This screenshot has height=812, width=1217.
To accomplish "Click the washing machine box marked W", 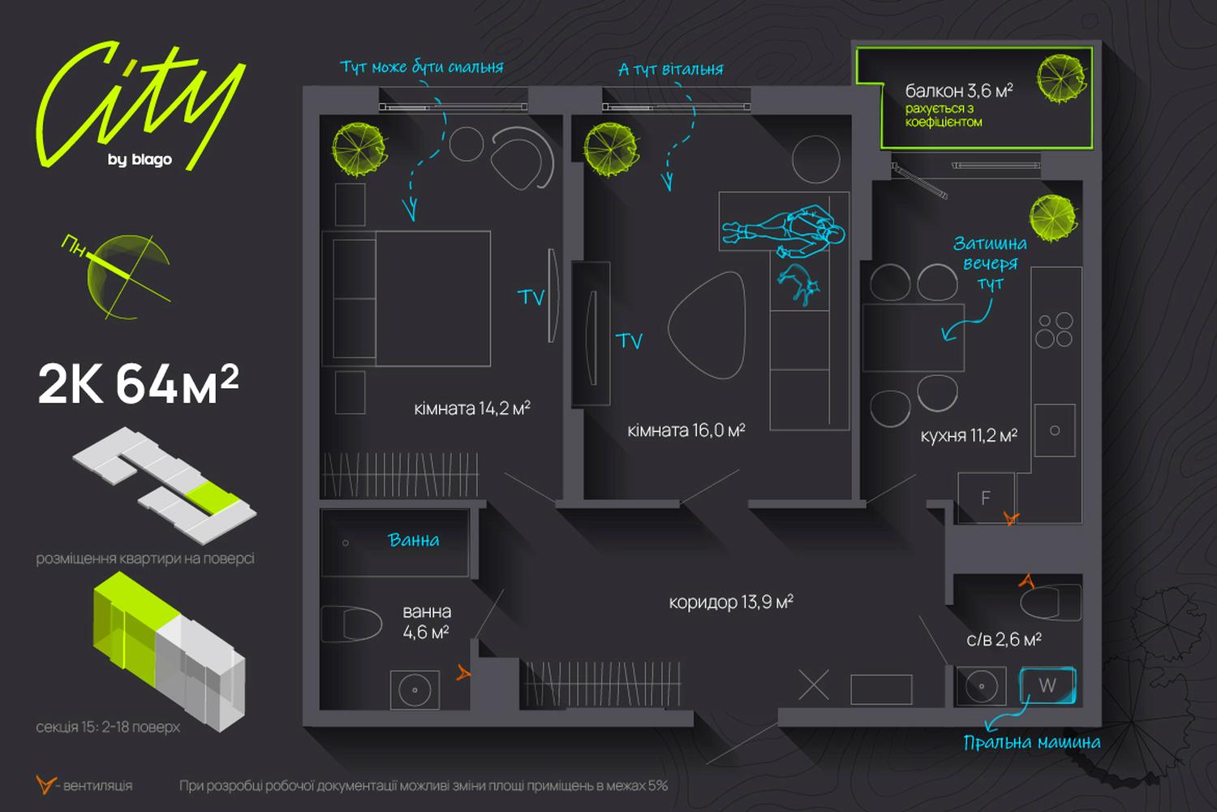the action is coord(1047,685).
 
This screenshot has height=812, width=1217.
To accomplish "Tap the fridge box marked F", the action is coord(986,498).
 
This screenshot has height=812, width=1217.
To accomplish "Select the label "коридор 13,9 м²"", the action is coord(731,602).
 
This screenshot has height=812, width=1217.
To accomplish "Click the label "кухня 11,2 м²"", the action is coord(969,436).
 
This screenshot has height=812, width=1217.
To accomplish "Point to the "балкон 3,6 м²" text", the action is coord(959,90).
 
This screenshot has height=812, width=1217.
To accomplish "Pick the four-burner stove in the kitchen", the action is coord(1055,330).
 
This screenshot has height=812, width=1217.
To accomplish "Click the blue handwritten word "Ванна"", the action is coord(414,540).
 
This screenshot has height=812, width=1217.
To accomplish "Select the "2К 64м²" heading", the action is coord(139,384).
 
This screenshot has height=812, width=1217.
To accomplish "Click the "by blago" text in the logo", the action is coord(140,159).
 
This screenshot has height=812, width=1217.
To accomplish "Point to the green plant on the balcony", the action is coord(1061,78).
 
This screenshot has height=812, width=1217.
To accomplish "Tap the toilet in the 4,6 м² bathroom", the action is coord(351,624).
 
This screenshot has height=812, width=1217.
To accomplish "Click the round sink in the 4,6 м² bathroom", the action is coord(415,689).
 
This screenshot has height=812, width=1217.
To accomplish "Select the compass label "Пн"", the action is coord(73,245).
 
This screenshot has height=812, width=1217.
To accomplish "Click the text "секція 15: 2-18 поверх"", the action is coord(108,728).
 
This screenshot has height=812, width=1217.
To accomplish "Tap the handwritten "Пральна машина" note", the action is coord(1032,742).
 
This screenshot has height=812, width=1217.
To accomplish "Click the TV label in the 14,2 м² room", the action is coord(531,297).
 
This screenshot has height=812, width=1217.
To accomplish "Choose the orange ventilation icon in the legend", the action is coord(45,784).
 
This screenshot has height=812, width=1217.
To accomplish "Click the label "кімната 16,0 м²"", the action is coord(686,430).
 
